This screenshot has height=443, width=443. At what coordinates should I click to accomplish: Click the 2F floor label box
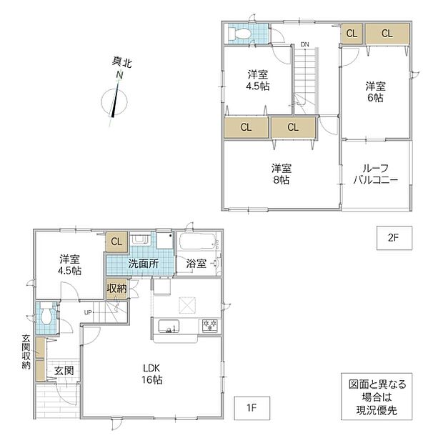point(394,238)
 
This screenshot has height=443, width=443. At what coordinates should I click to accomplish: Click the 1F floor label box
point(252,408)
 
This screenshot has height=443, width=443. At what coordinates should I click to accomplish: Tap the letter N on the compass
point(120,75)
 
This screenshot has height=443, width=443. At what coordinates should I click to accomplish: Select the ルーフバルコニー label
point(375,174)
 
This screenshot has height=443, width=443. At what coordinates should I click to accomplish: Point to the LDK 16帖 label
point(151,374)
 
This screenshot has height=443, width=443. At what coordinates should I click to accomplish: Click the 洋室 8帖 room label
point(282,174)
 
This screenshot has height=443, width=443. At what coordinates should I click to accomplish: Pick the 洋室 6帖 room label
point(375,92)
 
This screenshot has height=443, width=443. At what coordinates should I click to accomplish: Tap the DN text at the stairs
point(305,44)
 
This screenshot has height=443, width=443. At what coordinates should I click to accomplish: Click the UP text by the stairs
point(88,312)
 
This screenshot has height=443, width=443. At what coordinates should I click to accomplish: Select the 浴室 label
point(196,264)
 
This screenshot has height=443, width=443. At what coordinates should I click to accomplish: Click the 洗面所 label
point(144,264)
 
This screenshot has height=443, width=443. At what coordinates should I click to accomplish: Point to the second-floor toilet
point(239,34)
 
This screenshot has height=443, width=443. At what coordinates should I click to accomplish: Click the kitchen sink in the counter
point(169,327)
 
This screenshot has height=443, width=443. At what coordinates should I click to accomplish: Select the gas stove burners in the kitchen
point(209,325)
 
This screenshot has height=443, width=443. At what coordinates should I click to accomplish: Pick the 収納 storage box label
point(117,289)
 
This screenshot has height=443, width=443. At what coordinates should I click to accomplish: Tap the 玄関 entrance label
point(64,371)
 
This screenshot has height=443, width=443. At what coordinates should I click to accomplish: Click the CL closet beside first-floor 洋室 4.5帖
point(116,242)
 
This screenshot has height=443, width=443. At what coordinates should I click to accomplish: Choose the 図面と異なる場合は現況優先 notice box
point(377,397)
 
